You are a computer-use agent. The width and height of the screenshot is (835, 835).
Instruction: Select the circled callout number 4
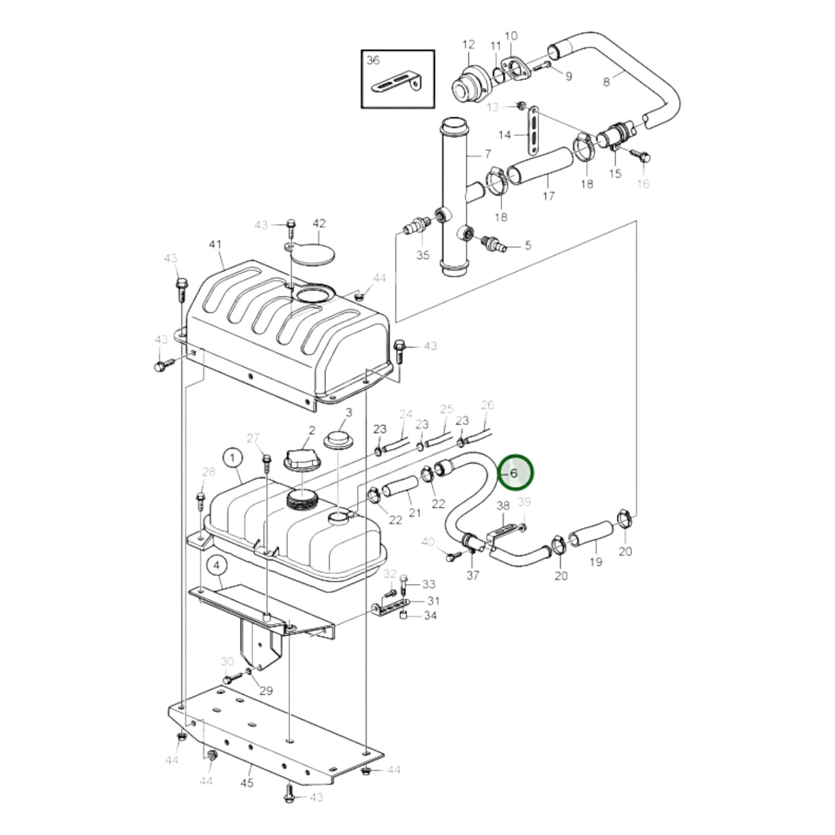[x=217, y=566]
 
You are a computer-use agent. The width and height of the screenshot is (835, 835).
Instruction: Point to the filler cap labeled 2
[x=299, y=459]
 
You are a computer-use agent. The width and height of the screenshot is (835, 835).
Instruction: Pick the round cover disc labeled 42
[x=313, y=253]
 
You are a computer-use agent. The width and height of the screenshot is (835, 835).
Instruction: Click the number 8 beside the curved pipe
[x=606, y=81]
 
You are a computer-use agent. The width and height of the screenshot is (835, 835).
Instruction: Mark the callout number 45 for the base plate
[x=247, y=782]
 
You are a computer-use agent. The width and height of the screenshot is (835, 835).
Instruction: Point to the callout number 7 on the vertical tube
[x=487, y=154]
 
